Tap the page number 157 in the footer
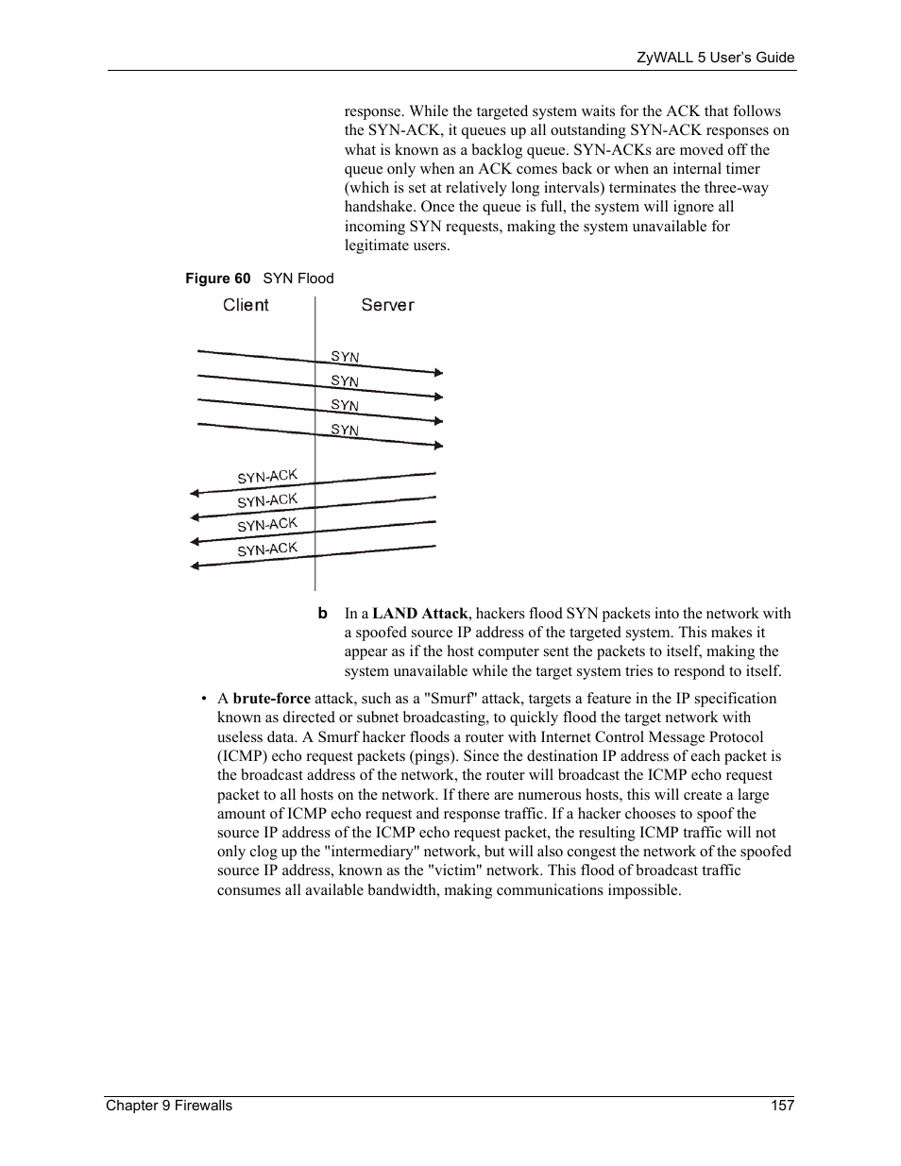click(x=782, y=1106)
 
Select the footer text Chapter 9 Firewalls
click(x=168, y=1106)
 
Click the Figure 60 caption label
click(x=218, y=279)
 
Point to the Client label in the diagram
click(x=246, y=305)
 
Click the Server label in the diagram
click(x=387, y=305)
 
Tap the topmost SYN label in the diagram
click(x=345, y=357)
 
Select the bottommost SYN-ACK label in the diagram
click(x=267, y=549)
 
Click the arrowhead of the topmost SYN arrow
click(x=437, y=373)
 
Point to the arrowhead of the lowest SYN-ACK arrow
click(x=195, y=566)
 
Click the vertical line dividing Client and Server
click(x=315, y=444)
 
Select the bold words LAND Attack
click(x=419, y=614)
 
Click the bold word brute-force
click(x=271, y=699)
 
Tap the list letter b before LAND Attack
click(x=322, y=614)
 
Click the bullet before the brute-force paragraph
click(x=203, y=700)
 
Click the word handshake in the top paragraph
click(x=378, y=207)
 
